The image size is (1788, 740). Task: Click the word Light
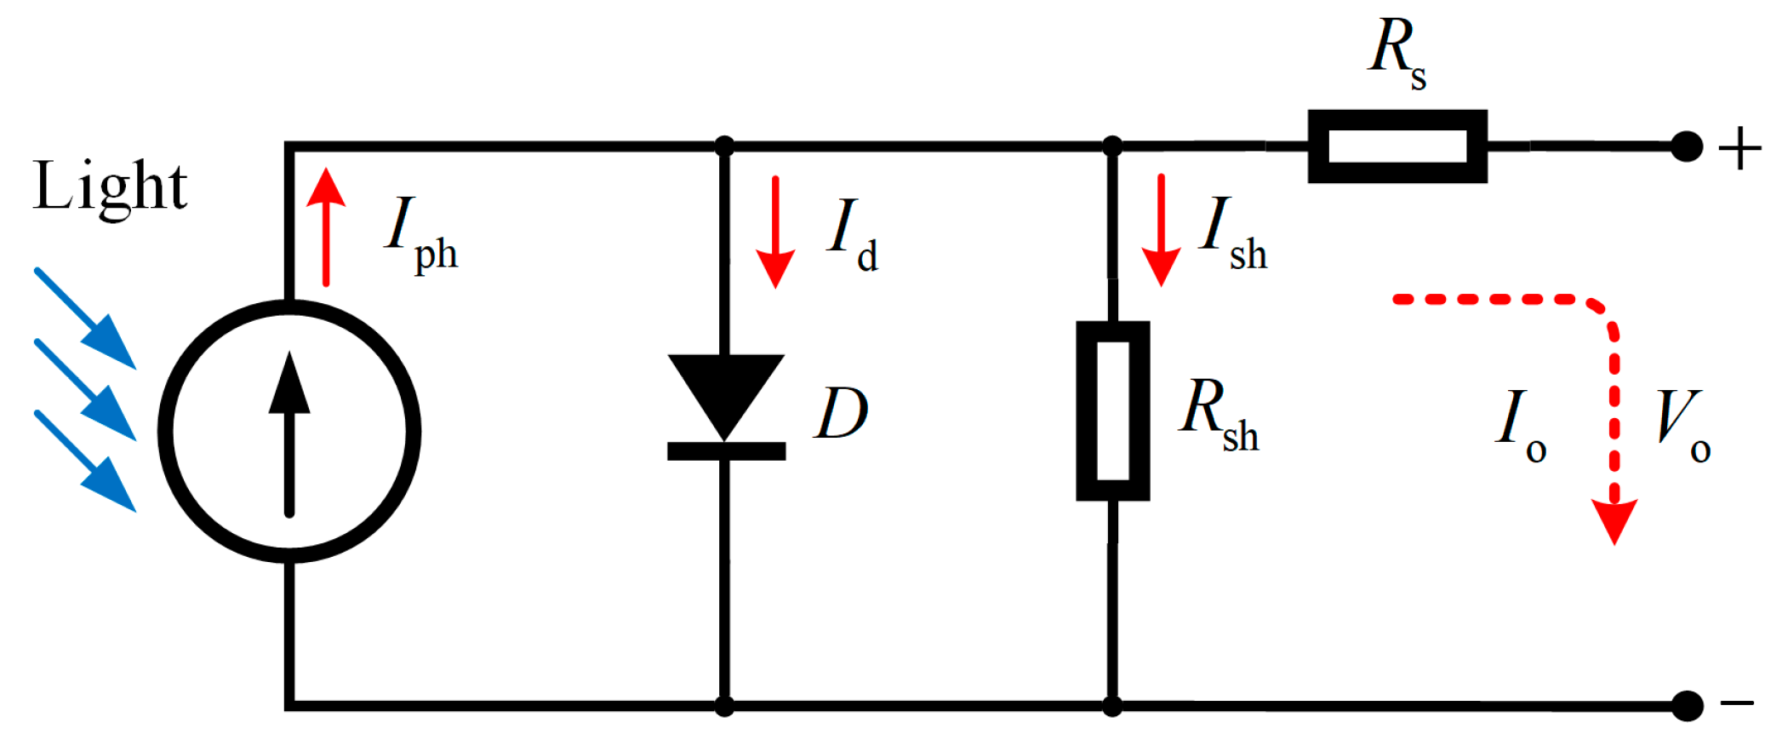tap(111, 186)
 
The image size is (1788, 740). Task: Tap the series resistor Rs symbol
tap(1397, 146)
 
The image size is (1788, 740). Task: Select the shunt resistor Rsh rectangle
tap(1112, 410)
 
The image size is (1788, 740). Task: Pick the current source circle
tap(289, 431)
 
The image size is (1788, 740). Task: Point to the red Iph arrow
tap(326, 227)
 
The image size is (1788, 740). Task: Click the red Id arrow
tap(775, 232)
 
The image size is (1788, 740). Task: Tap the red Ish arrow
tap(1161, 230)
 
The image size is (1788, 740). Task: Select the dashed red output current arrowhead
tap(1614, 519)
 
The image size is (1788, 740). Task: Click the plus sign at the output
tap(1739, 150)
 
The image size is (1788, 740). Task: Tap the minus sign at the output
tap(1737, 703)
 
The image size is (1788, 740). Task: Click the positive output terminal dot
tap(1686, 146)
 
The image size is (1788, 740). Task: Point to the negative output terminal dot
tap(1686, 706)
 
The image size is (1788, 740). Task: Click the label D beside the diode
tap(841, 414)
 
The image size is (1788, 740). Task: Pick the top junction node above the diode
tap(724, 146)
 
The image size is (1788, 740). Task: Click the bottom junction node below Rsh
tap(1111, 706)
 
